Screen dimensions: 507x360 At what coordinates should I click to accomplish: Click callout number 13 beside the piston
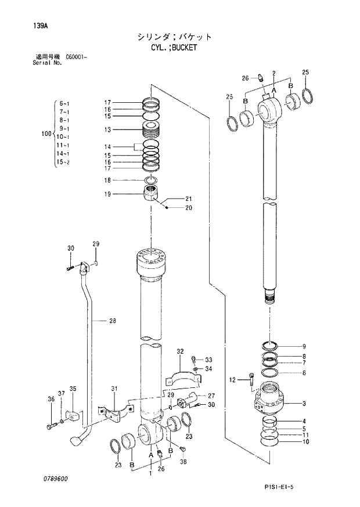coord(107,130)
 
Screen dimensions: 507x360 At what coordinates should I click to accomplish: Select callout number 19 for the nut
coord(107,194)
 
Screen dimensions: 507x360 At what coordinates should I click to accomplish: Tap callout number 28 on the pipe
coord(113,320)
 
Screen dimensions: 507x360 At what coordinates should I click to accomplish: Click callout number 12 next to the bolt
coord(232,380)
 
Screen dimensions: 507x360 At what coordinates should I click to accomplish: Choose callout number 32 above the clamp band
coord(180,351)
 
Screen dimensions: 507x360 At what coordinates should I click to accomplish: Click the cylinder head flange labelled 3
coord(270,401)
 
